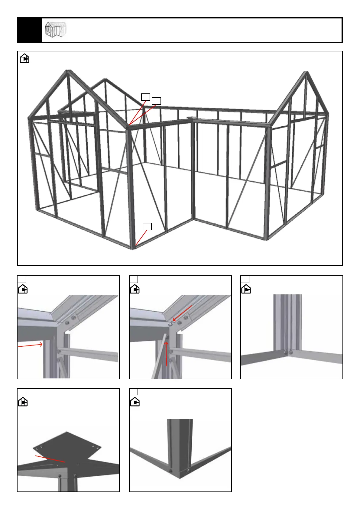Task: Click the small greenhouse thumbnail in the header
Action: (55, 30)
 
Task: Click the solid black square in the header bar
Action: (30, 30)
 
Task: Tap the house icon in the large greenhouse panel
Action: (25, 58)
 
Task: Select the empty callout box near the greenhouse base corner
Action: (147, 226)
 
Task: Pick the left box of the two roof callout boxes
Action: (146, 97)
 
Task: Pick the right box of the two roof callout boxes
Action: (156, 101)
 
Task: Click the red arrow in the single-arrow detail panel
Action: (30, 345)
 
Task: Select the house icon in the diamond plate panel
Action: (23, 402)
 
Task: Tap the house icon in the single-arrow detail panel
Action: (23, 289)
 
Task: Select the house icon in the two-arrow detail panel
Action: (135, 289)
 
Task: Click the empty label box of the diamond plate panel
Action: (22, 392)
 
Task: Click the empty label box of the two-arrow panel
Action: (134, 279)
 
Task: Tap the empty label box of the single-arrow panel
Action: (22, 279)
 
